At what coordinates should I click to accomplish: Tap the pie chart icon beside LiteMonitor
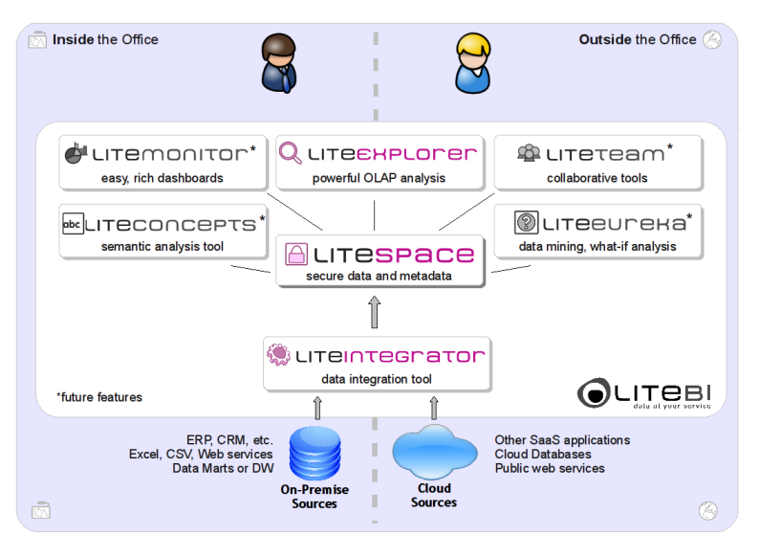point(76,152)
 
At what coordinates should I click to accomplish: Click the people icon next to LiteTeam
point(529,152)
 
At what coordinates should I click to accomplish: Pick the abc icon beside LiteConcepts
point(73,224)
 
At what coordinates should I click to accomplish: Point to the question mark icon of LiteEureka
point(525,223)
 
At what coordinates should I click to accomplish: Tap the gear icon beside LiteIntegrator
point(278,356)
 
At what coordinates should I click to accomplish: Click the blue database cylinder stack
point(314,453)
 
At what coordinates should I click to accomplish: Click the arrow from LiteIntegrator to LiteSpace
point(375,312)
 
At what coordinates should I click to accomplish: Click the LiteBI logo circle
point(595,392)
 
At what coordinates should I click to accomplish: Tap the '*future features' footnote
point(99,397)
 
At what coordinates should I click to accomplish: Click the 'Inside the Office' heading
point(105,39)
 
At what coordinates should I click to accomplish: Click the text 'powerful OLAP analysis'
point(378,178)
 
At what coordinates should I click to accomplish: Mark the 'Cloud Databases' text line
point(543,454)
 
